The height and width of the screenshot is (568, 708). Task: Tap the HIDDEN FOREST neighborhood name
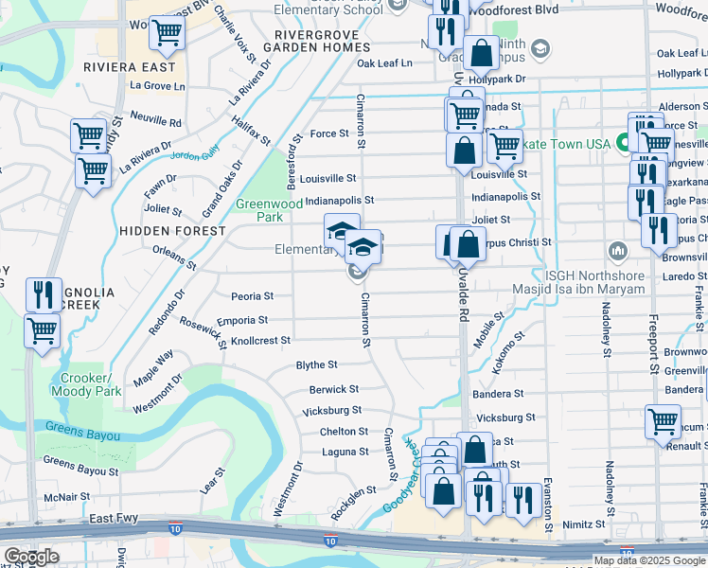click(x=171, y=230)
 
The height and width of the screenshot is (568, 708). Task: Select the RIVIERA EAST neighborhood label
click(x=130, y=68)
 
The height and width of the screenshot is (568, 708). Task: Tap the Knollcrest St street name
click(x=253, y=340)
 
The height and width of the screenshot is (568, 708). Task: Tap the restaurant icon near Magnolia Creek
click(x=42, y=293)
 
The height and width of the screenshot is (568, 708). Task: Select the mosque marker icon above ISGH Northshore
click(x=618, y=251)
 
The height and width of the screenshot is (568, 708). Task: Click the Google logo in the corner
click(x=31, y=557)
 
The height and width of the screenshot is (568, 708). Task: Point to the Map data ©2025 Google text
click(x=649, y=560)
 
